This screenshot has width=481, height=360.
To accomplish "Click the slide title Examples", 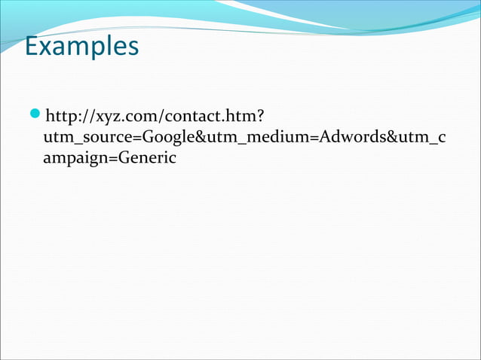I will point(81,47).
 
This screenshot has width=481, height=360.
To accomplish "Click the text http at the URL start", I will point(62,117).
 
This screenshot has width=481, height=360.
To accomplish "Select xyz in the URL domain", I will point(105,117).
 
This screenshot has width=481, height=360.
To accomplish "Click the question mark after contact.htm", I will point(259,117).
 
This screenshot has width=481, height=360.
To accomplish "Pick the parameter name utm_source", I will point(85,138).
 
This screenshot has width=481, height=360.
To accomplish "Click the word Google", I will point(164,138).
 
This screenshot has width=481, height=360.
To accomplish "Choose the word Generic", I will point(146,159).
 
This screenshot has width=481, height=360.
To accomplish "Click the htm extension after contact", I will point(238,117).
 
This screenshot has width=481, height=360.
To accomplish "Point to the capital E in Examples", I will point(31,47).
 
